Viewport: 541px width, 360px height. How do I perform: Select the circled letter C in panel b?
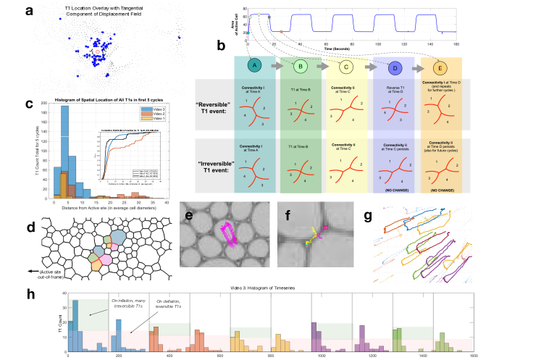click(x=345, y=66)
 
